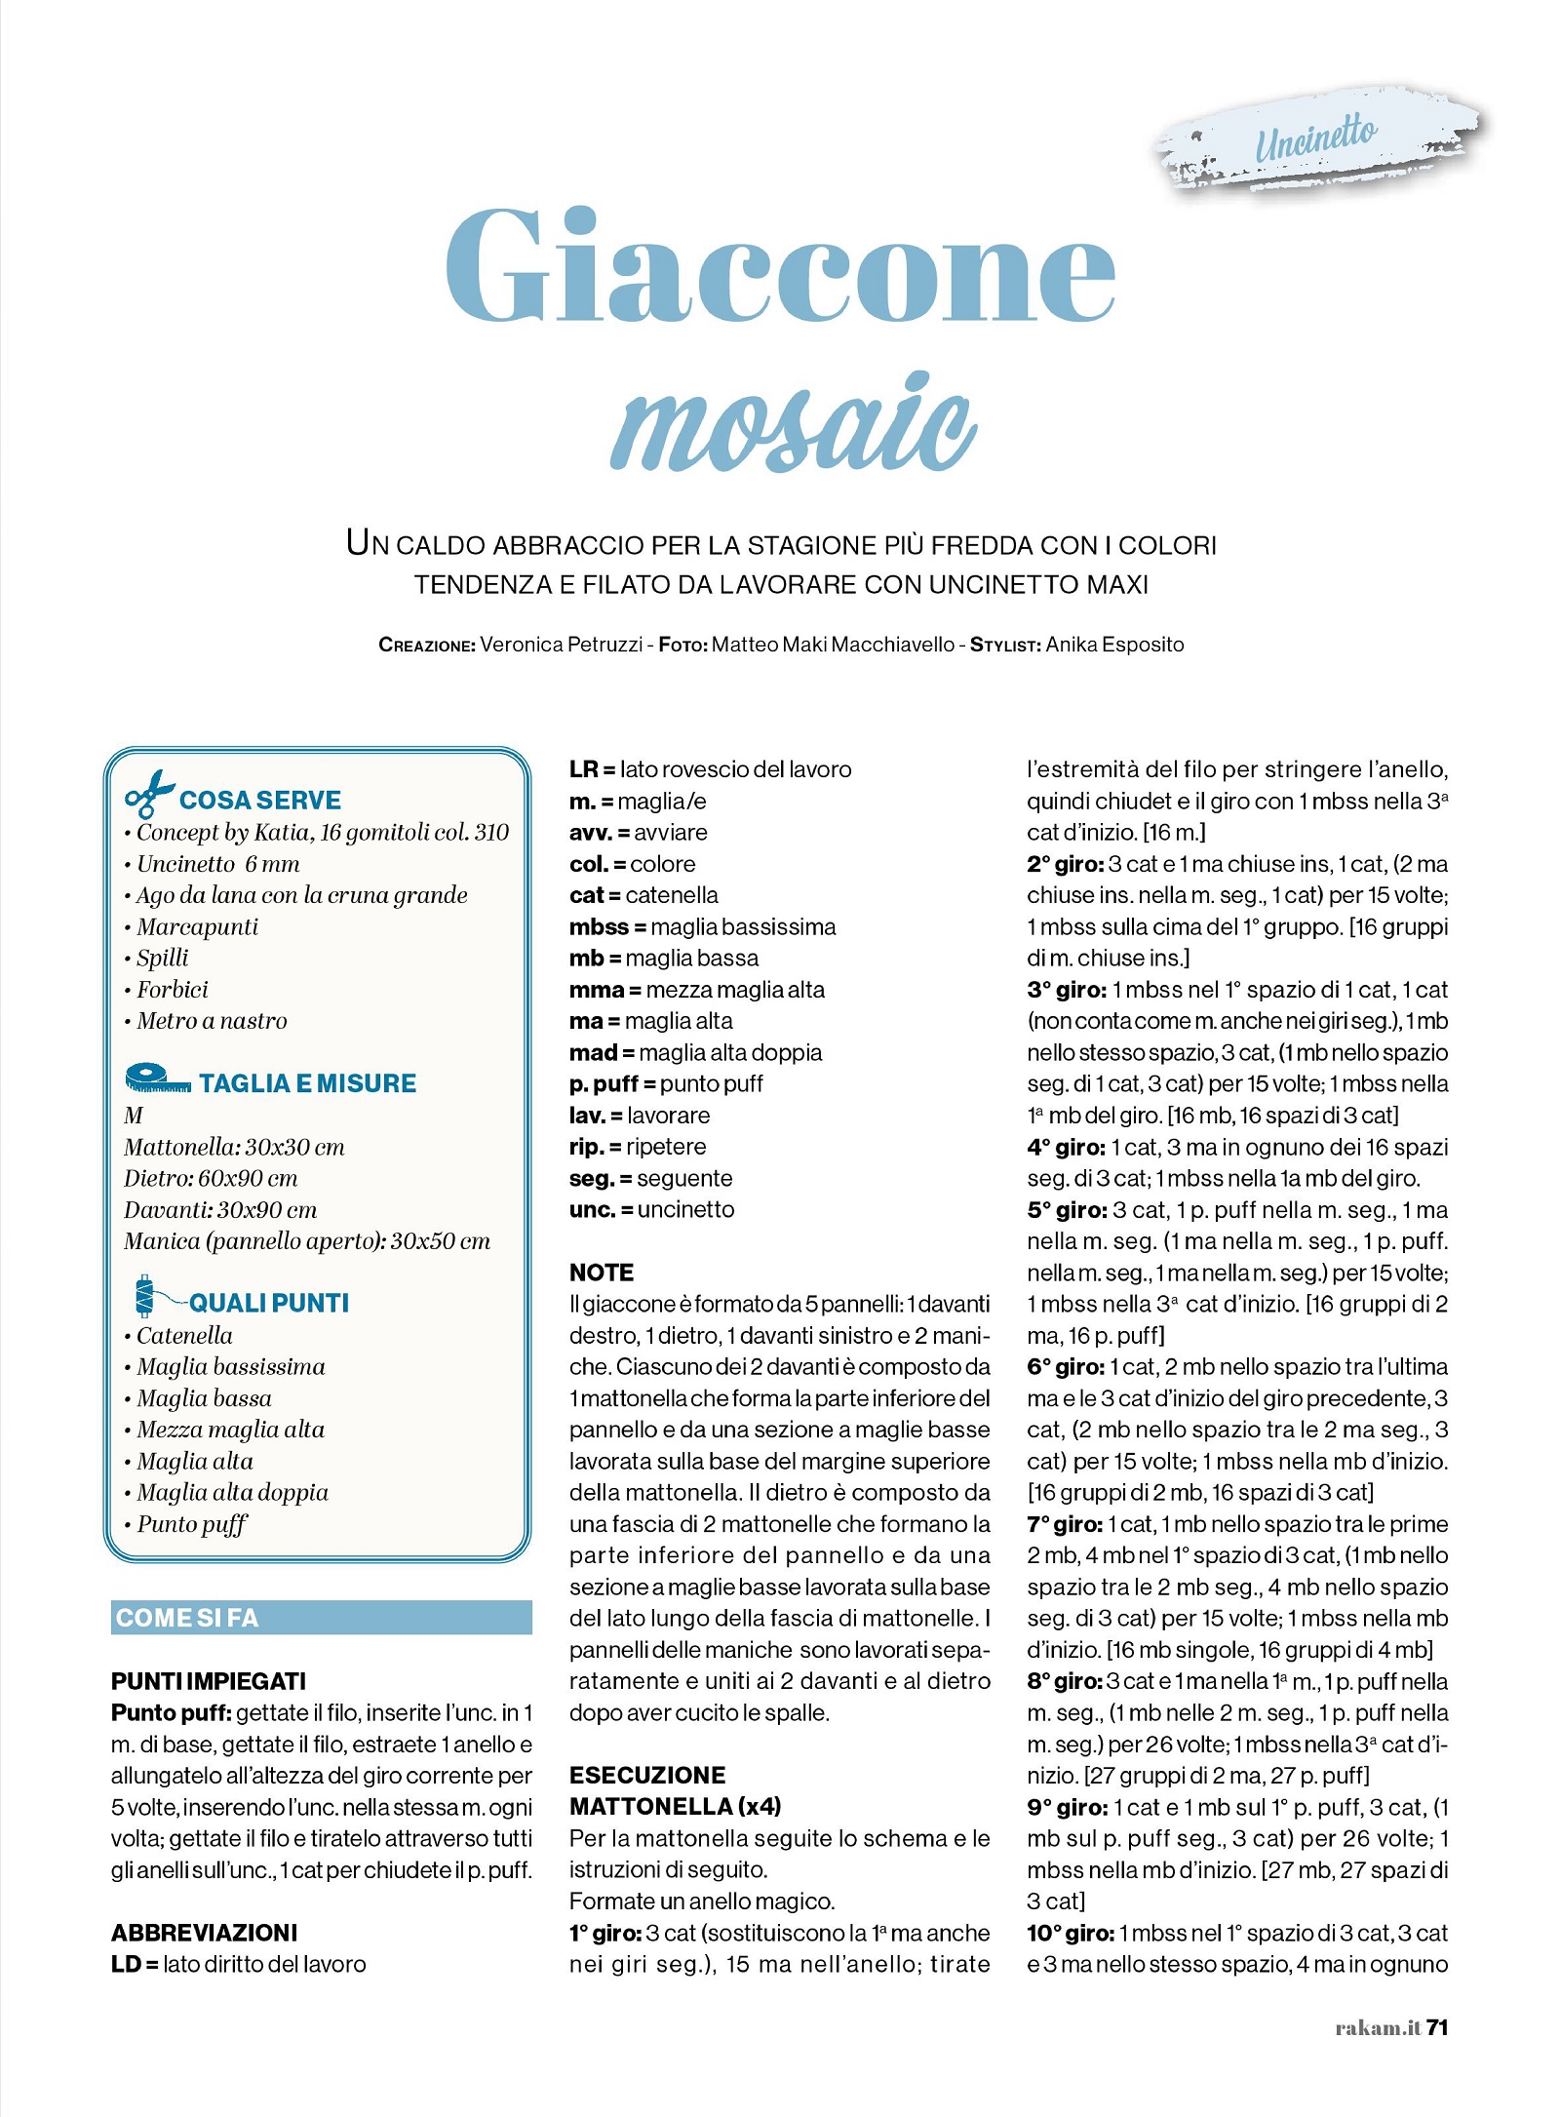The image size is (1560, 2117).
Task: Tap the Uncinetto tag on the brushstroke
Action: pos(1315,139)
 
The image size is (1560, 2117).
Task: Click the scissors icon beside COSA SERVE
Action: pos(148,794)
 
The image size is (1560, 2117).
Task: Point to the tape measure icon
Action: pos(157,1078)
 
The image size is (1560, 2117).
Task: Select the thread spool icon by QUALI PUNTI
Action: pos(146,1296)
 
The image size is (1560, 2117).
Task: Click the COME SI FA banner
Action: pos(321,1618)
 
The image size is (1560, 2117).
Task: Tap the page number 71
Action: pos(1436,2027)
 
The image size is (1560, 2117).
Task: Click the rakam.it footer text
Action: pos(1377,2028)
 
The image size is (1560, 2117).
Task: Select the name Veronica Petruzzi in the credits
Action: pos(561,645)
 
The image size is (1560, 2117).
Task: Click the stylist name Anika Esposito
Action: pos(1114,645)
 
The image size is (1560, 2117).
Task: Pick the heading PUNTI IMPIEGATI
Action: pos(209,1681)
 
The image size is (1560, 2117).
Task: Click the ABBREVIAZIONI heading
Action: pos(204,1933)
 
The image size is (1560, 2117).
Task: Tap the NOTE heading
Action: pos(602,1273)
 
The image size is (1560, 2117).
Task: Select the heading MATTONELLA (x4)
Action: pos(675,1807)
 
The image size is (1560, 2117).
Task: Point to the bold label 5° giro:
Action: pos(1066,1210)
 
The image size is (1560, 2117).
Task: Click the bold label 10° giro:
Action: pos(1070,1933)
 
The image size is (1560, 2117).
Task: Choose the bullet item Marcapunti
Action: pos(197,927)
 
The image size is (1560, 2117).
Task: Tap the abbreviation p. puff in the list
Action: pos(604,1084)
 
